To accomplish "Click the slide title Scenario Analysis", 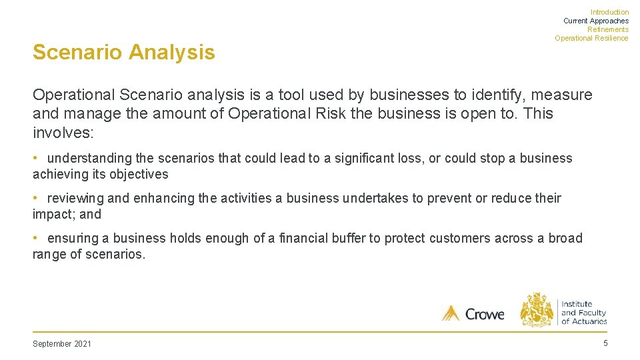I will pyautogui.click(x=124, y=52).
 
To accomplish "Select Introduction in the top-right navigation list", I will pyautogui.click(x=609, y=12).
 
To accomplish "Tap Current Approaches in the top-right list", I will pyautogui.click(x=595, y=21).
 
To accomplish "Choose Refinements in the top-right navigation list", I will pyautogui.click(x=607, y=29).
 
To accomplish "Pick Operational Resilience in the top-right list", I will pyautogui.click(x=591, y=38).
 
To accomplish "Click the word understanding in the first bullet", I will pyautogui.click(x=90, y=159).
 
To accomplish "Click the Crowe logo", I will pyautogui.click(x=473, y=313).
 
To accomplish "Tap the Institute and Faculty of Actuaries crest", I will pyautogui.click(x=537, y=309).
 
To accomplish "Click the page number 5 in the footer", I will pyautogui.click(x=605, y=343).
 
